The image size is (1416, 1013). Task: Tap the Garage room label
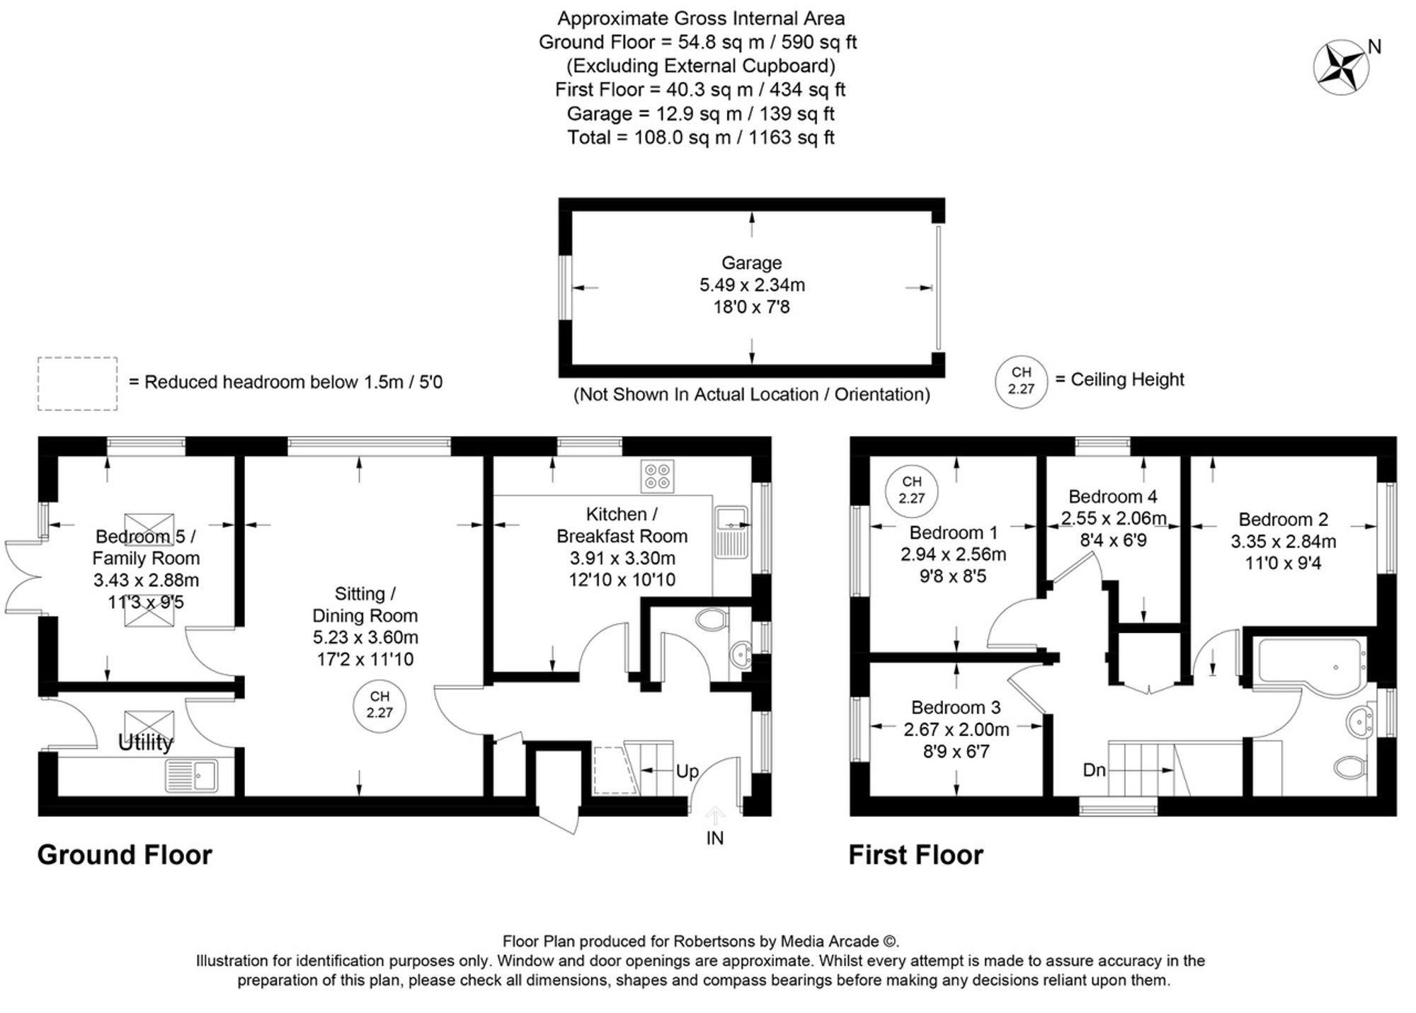751,263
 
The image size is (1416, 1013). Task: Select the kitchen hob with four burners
657,476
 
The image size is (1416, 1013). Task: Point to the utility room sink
193,775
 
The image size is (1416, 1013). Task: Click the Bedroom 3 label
956,707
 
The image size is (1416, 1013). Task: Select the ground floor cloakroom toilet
712,621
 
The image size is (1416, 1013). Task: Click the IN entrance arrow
715,817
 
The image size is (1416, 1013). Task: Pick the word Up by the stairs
687,772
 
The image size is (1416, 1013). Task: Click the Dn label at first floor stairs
1094,769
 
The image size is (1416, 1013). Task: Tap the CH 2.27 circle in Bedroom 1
911,490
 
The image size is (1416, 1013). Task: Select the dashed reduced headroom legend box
77,383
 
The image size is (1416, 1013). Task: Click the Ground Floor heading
125,855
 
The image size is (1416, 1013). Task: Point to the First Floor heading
915,855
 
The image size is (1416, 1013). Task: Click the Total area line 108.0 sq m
700,137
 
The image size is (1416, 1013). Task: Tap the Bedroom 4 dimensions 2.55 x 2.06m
1114,518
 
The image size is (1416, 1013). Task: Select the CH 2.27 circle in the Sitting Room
379,705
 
